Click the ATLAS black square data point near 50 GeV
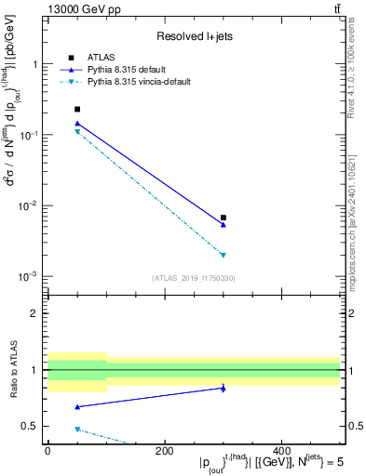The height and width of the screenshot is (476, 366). (x=77, y=110)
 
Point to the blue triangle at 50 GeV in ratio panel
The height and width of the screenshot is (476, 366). (x=77, y=406)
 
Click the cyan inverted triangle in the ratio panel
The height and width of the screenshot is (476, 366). (x=77, y=429)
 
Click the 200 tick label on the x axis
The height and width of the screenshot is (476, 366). (x=165, y=451)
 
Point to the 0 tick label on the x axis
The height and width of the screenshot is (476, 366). (x=47, y=451)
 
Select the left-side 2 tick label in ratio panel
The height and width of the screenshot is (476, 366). (x=36, y=313)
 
